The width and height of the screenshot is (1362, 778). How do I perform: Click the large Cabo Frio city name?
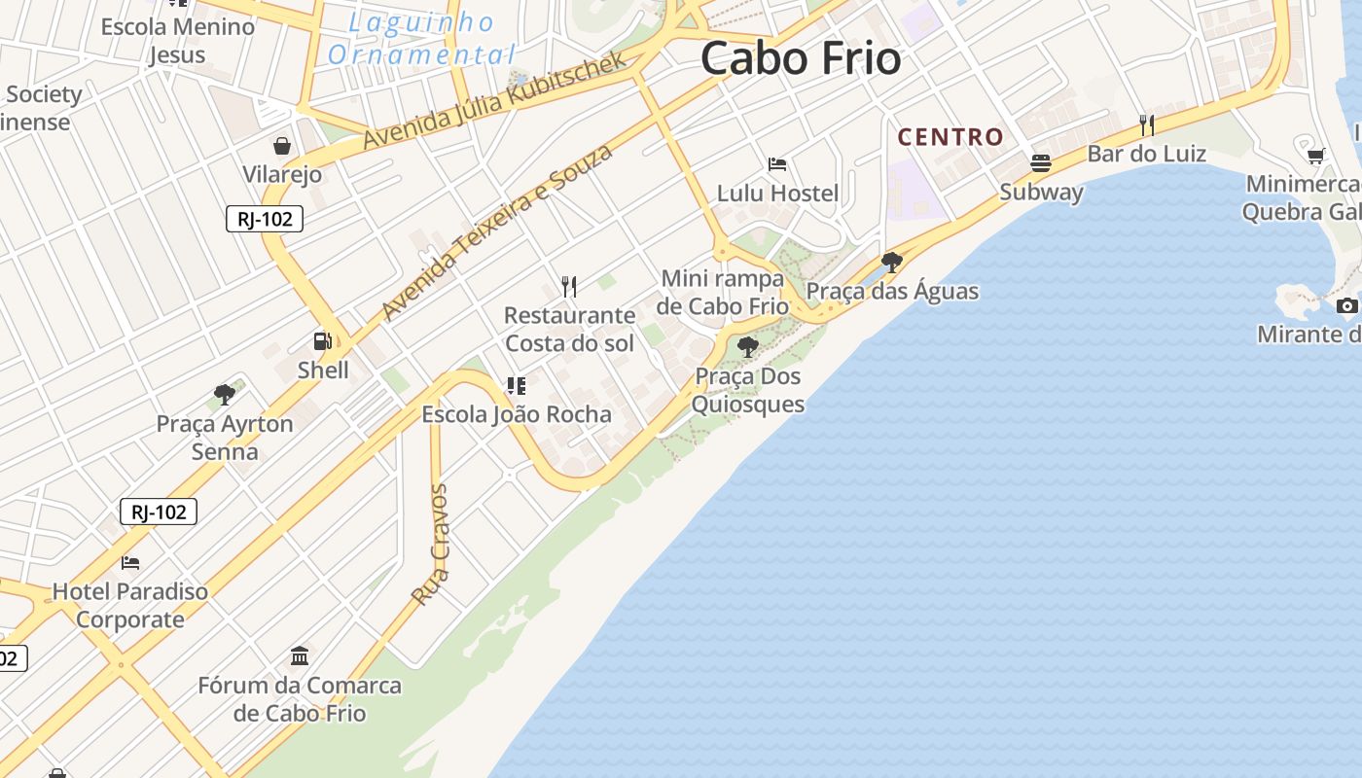click(x=800, y=58)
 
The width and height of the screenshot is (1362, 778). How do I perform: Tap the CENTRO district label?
click(x=950, y=137)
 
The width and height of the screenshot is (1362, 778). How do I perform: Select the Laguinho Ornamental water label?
click(x=421, y=38)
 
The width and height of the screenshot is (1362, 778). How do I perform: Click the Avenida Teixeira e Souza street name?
click(x=497, y=231)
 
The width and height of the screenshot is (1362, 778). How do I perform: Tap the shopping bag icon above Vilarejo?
click(x=282, y=146)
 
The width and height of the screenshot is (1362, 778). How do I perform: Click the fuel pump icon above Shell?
click(x=322, y=341)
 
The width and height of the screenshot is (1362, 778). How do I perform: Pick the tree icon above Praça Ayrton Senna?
click(x=225, y=395)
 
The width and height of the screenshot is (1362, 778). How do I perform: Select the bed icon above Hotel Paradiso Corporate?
click(x=130, y=562)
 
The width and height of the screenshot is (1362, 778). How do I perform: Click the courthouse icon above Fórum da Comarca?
click(x=300, y=656)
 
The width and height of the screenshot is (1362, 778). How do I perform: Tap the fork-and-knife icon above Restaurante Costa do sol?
click(x=569, y=286)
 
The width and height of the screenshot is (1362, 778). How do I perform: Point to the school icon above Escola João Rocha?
click(x=517, y=385)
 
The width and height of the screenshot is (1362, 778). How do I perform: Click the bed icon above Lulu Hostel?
click(x=776, y=163)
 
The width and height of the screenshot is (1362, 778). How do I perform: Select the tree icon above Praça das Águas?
click(x=891, y=262)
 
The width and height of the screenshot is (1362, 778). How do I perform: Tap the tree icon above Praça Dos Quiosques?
click(x=747, y=346)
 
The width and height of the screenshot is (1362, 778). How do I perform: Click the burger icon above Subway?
click(x=1041, y=162)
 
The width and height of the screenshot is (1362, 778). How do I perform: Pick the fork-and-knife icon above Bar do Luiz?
click(x=1147, y=124)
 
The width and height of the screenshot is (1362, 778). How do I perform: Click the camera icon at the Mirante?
click(x=1347, y=305)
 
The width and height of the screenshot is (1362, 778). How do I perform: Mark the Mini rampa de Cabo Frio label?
click(x=722, y=292)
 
